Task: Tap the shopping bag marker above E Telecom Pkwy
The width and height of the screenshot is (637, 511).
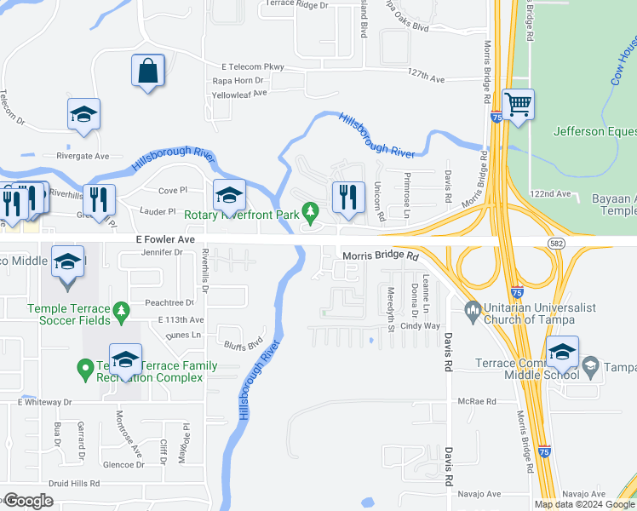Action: (148, 72)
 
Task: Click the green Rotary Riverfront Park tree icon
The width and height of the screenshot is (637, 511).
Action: (312, 210)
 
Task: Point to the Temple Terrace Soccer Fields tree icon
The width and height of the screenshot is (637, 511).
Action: (121, 309)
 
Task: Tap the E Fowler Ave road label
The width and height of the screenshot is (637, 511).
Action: (166, 241)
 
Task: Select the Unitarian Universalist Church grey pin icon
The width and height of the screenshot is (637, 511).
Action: (472, 307)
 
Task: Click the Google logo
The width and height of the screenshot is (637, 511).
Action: (29, 501)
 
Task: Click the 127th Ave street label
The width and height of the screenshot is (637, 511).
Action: (427, 78)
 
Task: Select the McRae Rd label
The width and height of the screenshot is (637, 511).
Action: (476, 401)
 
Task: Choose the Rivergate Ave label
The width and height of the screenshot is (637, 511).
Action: (83, 156)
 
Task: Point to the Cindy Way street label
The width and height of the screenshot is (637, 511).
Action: (420, 326)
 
